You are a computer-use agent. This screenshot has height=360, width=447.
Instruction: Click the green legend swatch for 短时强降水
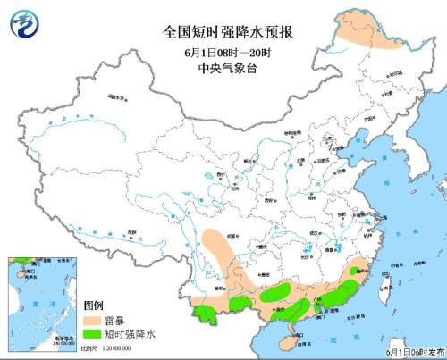click(93, 332)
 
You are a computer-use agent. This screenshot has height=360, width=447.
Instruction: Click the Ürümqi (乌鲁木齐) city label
click(114, 93)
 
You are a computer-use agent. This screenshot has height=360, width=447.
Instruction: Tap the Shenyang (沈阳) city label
click(380, 117)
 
